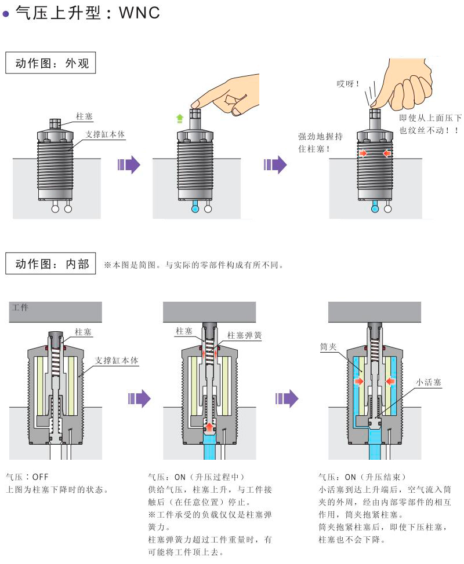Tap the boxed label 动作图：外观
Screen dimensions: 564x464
pos(50,63)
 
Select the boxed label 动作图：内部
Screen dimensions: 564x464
pos(50,265)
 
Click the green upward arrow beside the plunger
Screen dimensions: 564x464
pos(180,119)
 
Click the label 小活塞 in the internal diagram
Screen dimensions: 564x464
pos(429,383)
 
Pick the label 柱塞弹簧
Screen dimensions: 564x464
pos(244,335)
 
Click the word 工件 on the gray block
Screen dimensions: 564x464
pos(20,307)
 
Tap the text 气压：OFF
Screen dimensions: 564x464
pos(27,477)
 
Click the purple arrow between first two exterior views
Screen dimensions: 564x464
pos(129,164)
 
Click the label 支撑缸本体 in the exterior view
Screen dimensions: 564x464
pos(106,134)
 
